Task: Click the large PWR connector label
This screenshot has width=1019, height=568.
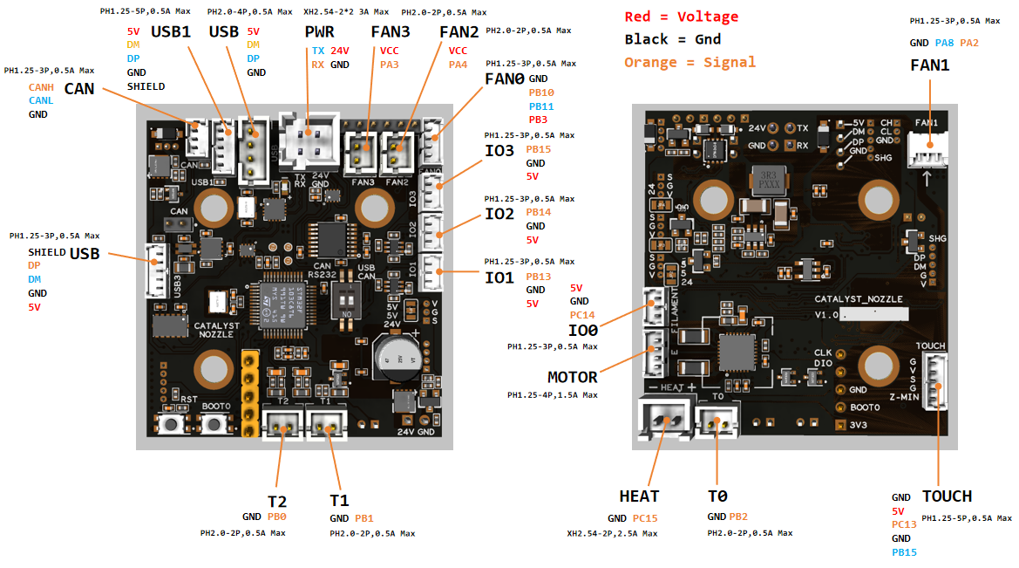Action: coord(319,31)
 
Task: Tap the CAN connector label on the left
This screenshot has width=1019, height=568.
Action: coord(79,88)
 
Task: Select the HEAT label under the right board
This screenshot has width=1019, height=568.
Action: coord(639,496)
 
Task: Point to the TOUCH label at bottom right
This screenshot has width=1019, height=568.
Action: coord(947,496)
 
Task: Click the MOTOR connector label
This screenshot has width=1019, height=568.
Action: coord(572,377)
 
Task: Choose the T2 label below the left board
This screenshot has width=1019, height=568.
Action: coord(277,501)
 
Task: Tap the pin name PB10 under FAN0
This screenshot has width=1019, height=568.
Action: coord(540,92)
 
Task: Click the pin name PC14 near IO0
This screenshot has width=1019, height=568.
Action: coord(582,315)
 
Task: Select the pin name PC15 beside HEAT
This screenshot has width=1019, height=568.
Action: coord(645,518)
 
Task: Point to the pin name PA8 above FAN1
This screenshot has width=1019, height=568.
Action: coord(944,43)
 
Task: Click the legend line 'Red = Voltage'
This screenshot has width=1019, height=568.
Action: coord(681,17)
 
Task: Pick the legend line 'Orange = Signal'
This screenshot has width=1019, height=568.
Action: coord(690,62)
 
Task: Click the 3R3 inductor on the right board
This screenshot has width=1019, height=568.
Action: coord(765,181)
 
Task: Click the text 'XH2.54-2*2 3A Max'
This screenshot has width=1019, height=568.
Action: coord(346,13)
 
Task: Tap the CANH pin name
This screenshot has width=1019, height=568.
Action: coord(41,87)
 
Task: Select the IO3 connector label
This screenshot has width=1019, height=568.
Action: coord(499,149)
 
